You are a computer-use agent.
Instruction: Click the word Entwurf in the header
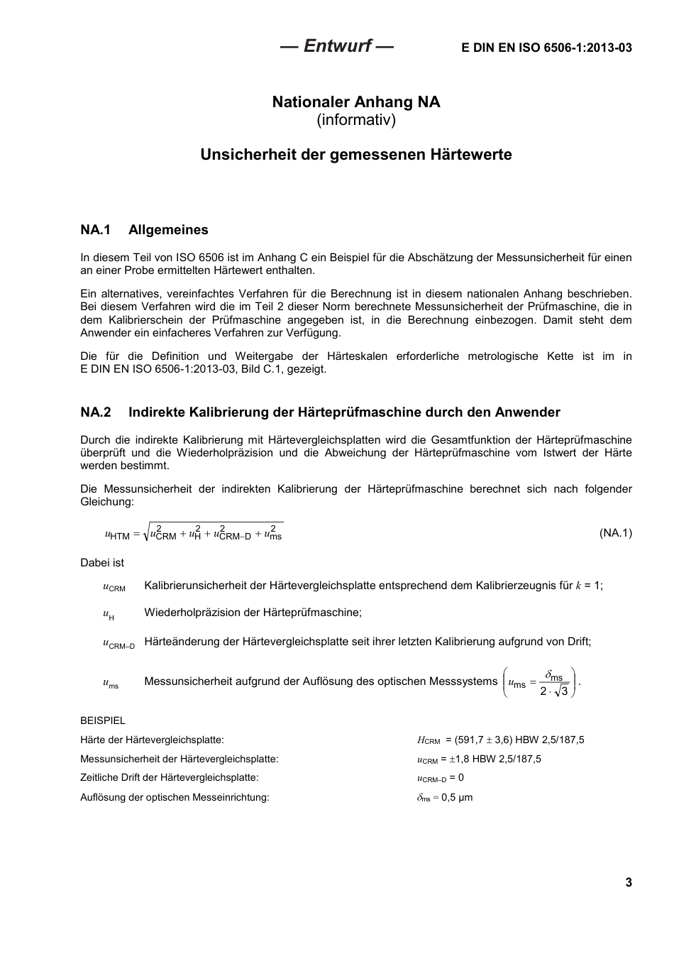pyautogui.click(x=337, y=46)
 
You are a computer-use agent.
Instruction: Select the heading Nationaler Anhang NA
pyautogui.click(x=356, y=102)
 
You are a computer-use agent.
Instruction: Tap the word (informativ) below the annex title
pyautogui.click(x=356, y=120)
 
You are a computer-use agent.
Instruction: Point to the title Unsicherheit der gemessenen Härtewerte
pyautogui.click(x=356, y=155)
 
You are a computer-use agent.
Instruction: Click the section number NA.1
pyautogui.click(x=96, y=230)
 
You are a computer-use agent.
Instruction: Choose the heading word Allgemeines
pyautogui.click(x=168, y=230)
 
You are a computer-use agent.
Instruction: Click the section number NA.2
pyautogui.click(x=96, y=412)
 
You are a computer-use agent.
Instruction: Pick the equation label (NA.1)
pyautogui.click(x=615, y=533)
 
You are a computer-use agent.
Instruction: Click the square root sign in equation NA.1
pyautogui.click(x=146, y=534)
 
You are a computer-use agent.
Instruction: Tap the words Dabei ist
pyautogui.click(x=102, y=563)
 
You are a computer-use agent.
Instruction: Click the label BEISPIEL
pyautogui.click(x=103, y=720)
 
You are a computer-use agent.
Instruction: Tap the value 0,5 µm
pyautogui.click(x=457, y=797)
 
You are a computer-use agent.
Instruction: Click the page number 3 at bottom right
pyautogui.click(x=628, y=882)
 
